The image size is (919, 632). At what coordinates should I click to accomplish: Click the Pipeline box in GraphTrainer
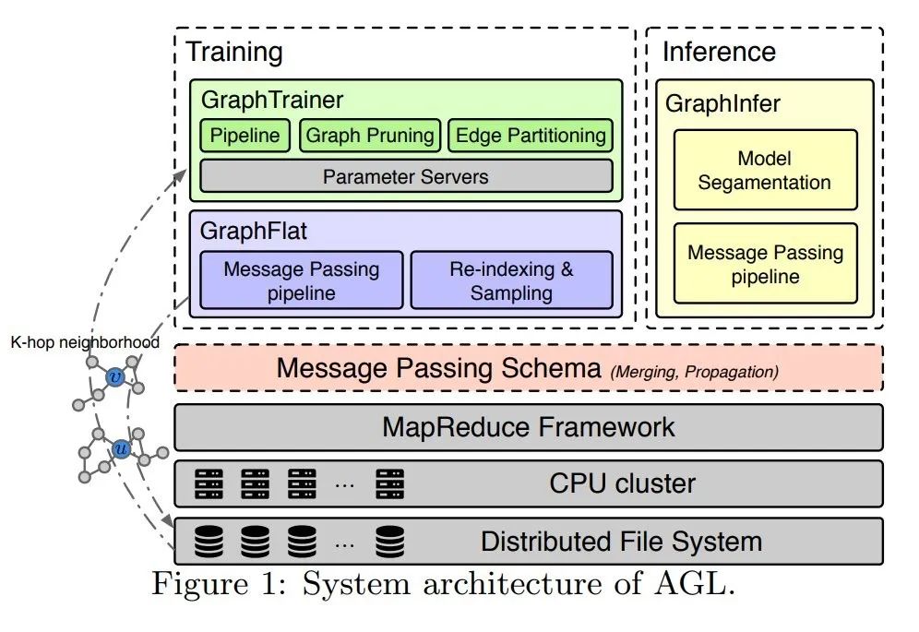[245, 136]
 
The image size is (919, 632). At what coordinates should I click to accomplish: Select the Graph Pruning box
[370, 136]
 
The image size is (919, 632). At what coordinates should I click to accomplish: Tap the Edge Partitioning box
[530, 136]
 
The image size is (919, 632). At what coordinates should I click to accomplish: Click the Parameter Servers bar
[406, 176]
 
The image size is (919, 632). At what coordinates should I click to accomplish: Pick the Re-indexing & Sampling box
[511, 280]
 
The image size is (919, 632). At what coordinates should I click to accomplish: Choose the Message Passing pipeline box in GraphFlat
[302, 280]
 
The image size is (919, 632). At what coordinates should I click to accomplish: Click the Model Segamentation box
[765, 170]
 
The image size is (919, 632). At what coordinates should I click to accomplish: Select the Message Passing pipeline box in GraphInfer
[765, 264]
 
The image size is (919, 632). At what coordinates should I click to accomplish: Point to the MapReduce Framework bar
[529, 427]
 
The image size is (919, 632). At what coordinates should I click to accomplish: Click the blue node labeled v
[115, 376]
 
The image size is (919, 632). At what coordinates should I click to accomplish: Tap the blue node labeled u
[121, 449]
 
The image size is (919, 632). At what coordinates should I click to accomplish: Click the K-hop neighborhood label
[85, 342]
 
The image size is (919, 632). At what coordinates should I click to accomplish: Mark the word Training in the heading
[234, 53]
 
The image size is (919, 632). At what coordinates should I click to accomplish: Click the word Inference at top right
[719, 53]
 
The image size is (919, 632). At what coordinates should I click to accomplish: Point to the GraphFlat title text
[254, 232]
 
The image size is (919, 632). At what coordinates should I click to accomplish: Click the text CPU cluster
[623, 483]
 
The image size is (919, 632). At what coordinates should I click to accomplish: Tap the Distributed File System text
[622, 541]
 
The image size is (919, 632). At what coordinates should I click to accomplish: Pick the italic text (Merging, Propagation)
[694, 372]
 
